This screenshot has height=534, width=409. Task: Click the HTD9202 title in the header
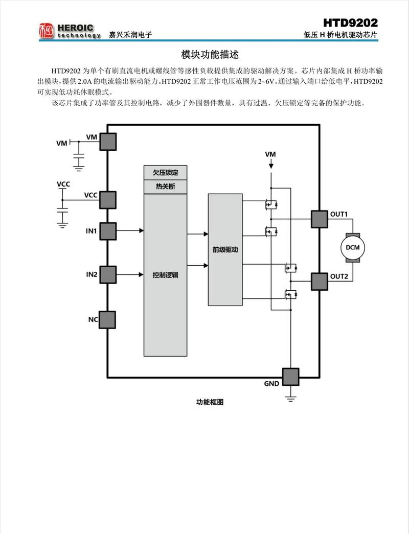click(x=350, y=23)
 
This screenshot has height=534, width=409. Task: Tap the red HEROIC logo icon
click(x=47, y=31)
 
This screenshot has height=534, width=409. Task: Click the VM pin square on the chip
click(x=108, y=142)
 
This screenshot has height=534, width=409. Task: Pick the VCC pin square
click(x=108, y=200)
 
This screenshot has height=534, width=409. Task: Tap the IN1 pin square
click(x=108, y=231)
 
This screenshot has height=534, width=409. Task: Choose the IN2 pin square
click(x=108, y=274)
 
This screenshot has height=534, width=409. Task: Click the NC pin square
click(x=108, y=319)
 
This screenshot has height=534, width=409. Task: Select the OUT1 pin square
click(x=320, y=219)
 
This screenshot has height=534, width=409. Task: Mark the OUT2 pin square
click(x=320, y=281)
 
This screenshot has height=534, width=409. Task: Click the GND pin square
click(x=291, y=377)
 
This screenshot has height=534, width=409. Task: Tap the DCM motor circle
click(x=352, y=248)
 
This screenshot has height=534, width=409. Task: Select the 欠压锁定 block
click(x=165, y=173)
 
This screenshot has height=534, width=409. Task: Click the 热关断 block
click(x=165, y=187)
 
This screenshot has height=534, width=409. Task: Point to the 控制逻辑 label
click(x=165, y=275)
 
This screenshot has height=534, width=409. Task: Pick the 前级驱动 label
click(x=225, y=250)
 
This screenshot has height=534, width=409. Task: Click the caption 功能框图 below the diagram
click(x=210, y=402)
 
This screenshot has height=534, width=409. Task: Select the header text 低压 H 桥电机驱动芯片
click(x=340, y=35)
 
